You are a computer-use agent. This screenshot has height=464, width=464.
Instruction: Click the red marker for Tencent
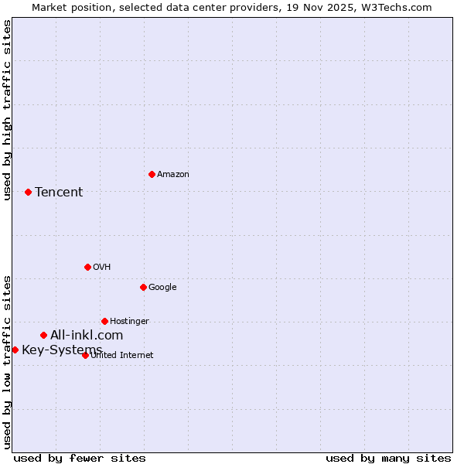(28, 192)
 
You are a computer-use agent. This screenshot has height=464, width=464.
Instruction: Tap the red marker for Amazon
(152, 174)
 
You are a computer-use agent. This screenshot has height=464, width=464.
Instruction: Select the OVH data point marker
(87, 267)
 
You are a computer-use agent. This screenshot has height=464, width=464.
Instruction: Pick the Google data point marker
(143, 287)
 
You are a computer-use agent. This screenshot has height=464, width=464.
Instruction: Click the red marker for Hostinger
(104, 321)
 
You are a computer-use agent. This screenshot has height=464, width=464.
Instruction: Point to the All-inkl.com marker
(43, 335)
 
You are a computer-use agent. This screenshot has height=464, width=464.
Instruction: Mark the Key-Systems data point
(15, 350)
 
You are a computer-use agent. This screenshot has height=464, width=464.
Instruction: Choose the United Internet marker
(85, 355)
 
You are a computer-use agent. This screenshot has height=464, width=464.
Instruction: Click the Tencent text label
(59, 192)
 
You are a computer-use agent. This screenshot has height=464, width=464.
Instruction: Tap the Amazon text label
(173, 175)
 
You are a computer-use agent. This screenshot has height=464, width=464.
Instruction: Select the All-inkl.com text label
(87, 335)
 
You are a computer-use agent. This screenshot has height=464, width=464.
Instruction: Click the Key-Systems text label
(62, 350)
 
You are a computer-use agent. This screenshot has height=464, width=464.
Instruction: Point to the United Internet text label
(122, 356)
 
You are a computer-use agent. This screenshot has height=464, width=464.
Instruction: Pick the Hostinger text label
(129, 322)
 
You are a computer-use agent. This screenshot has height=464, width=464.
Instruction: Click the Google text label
(162, 288)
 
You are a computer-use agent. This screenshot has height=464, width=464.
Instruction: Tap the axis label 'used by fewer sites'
(80, 458)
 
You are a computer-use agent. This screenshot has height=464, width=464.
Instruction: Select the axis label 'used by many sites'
(388, 458)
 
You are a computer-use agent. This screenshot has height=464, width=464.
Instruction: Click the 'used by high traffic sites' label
(7, 110)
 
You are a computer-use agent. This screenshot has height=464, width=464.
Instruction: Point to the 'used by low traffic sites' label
(7, 361)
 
